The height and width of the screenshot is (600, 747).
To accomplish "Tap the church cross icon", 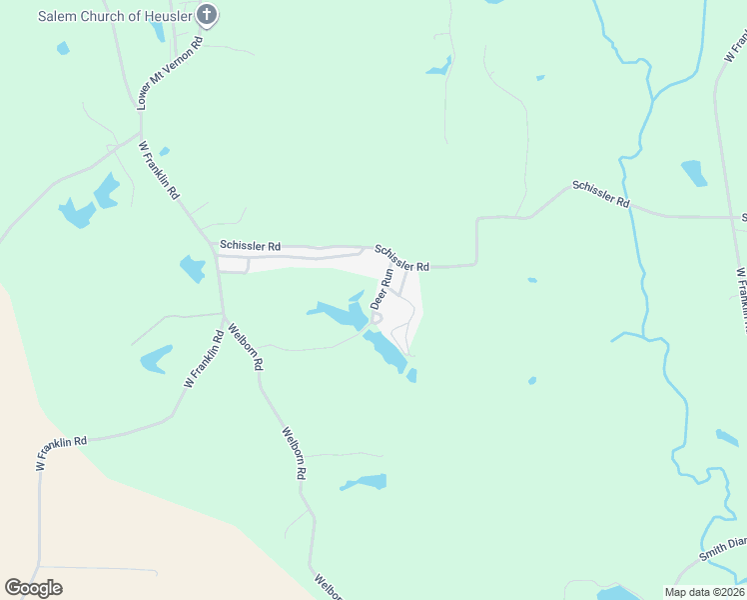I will point(207,15).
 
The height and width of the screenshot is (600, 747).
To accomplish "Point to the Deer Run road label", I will point(381,288).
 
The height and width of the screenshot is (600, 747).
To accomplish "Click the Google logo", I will point(33,588).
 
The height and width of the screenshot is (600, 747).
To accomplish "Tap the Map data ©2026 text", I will point(704,592).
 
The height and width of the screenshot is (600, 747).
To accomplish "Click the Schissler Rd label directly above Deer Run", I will point(402,258).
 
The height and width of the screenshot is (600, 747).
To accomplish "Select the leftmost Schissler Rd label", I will point(250,245).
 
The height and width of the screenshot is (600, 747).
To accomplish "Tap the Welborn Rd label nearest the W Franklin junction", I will point(245,347).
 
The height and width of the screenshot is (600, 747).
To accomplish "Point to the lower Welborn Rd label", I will point(293,454).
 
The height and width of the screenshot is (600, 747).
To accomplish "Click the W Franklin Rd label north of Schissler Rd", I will point(159,170).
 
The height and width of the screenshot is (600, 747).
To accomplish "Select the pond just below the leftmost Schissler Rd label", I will point(192,269).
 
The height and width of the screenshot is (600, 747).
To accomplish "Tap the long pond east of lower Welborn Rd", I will point(364,483).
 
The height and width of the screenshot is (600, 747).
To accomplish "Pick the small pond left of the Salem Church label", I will point(64,48).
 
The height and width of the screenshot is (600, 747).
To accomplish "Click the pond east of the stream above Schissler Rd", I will point(693,173).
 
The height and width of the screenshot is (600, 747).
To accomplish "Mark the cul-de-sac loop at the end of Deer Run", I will point(376,318).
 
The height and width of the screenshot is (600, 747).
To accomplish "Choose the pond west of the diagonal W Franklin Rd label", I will point(156,359).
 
